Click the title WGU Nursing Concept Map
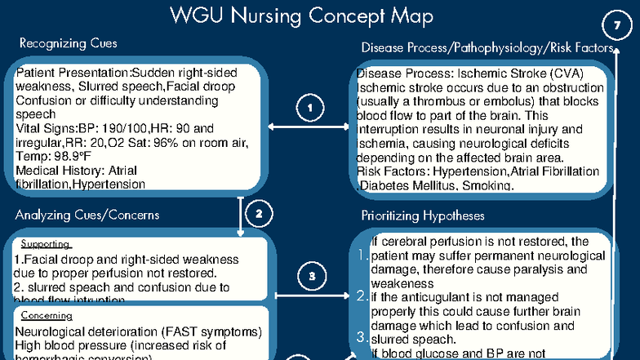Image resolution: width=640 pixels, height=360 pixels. click(x=301, y=16)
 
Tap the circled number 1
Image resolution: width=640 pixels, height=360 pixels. click(x=309, y=107)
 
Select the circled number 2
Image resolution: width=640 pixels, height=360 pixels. click(x=259, y=215)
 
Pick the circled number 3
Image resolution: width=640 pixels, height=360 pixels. click(x=311, y=277)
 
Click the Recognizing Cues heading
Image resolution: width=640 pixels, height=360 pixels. click(x=68, y=42)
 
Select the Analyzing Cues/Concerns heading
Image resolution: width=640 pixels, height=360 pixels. click(x=87, y=215)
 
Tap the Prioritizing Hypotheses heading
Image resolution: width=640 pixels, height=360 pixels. click(x=422, y=216)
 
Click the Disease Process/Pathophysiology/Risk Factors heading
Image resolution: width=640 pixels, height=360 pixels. click(x=487, y=47)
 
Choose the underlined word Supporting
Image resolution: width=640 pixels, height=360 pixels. click(x=46, y=244)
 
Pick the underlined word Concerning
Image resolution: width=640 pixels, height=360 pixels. click(x=47, y=315)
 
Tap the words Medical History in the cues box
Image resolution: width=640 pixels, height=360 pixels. click(x=54, y=170)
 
